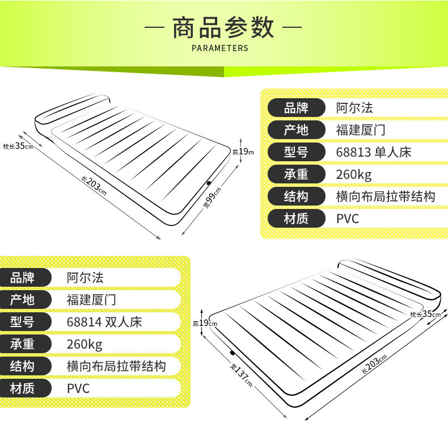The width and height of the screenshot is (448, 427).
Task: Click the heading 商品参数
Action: point(223,28)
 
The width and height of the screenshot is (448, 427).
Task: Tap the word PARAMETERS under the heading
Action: point(220,48)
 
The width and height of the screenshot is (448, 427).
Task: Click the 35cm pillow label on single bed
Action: point(18,146)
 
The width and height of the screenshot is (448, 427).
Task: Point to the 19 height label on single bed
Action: point(242,152)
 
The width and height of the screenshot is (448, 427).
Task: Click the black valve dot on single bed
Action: point(209,183)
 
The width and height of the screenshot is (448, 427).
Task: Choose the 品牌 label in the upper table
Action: point(295,108)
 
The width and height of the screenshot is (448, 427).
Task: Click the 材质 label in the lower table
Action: point(22,388)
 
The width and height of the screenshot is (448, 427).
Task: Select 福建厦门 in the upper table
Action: point(361,130)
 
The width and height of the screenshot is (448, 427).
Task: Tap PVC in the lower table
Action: point(78,388)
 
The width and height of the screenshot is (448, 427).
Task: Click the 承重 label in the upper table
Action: point(295,174)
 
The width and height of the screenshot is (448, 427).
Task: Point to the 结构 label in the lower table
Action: point(22,366)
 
